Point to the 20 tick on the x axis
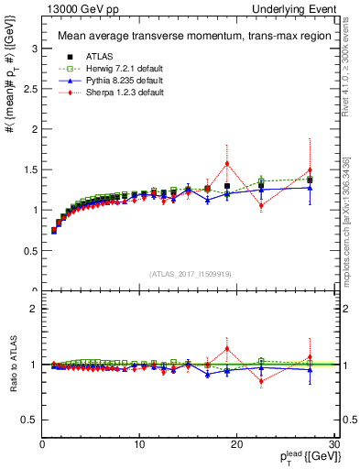coord(235,444)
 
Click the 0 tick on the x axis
coord(42,444)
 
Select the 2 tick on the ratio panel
coord(34,309)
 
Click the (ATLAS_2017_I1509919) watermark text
coord(190,274)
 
